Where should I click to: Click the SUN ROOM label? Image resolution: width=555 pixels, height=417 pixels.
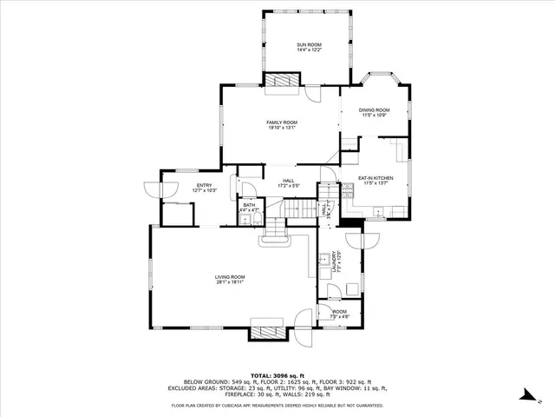(309, 44)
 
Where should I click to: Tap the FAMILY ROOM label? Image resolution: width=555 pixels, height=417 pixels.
(282, 122)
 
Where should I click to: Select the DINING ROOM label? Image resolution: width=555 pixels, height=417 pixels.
(376, 110)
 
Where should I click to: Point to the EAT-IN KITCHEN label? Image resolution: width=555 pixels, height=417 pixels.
(376, 178)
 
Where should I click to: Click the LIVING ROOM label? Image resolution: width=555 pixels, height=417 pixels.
(230, 277)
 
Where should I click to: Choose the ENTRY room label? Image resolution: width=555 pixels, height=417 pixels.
(205, 185)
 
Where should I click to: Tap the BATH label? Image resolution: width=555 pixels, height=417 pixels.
(249, 205)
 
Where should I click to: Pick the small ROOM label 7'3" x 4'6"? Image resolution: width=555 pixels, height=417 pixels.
(339, 311)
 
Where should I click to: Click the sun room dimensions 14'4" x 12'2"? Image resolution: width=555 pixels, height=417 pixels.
(309, 50)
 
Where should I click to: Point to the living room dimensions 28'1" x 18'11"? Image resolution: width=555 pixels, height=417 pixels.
(230, 282)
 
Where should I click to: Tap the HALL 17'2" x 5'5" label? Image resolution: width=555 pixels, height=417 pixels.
(289, 183)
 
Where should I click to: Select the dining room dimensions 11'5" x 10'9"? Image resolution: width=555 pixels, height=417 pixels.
(376, 116)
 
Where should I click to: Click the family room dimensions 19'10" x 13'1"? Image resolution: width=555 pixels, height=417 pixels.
(282, 128)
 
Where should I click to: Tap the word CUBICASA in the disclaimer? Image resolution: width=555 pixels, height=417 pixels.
(231, 405)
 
